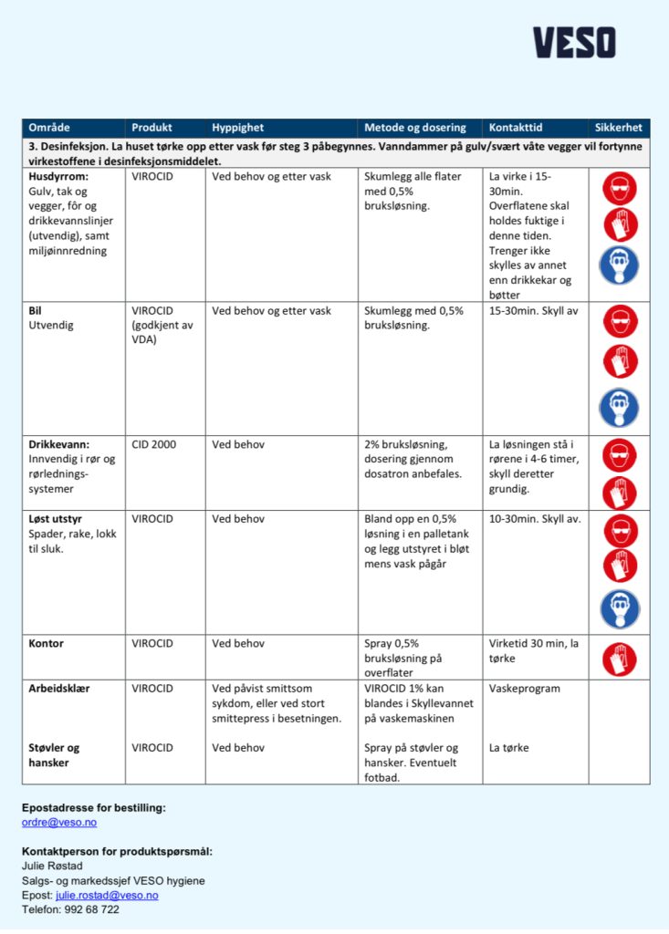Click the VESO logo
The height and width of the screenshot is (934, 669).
[574, 43]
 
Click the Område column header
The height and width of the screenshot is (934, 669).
[49, 128]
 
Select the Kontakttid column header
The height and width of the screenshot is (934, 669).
[516, 128]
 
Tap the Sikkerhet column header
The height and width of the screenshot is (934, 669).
[618, 128]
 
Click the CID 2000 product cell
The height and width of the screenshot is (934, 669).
[154, 444]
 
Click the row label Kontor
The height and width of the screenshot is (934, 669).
[47, 643]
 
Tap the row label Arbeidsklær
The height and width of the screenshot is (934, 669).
[59, 689]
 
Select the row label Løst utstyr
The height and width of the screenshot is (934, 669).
[56, 519]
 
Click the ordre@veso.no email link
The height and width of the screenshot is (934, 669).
[59, 822]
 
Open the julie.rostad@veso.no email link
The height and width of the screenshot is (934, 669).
[107, 895]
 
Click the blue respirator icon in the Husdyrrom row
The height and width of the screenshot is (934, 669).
[619, 265]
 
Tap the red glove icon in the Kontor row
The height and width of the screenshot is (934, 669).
[620, 659]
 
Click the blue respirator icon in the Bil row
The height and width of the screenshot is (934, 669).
[619, 407]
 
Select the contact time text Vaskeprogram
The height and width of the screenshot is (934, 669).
[525, 689]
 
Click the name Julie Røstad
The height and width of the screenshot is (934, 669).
[52, 866]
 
